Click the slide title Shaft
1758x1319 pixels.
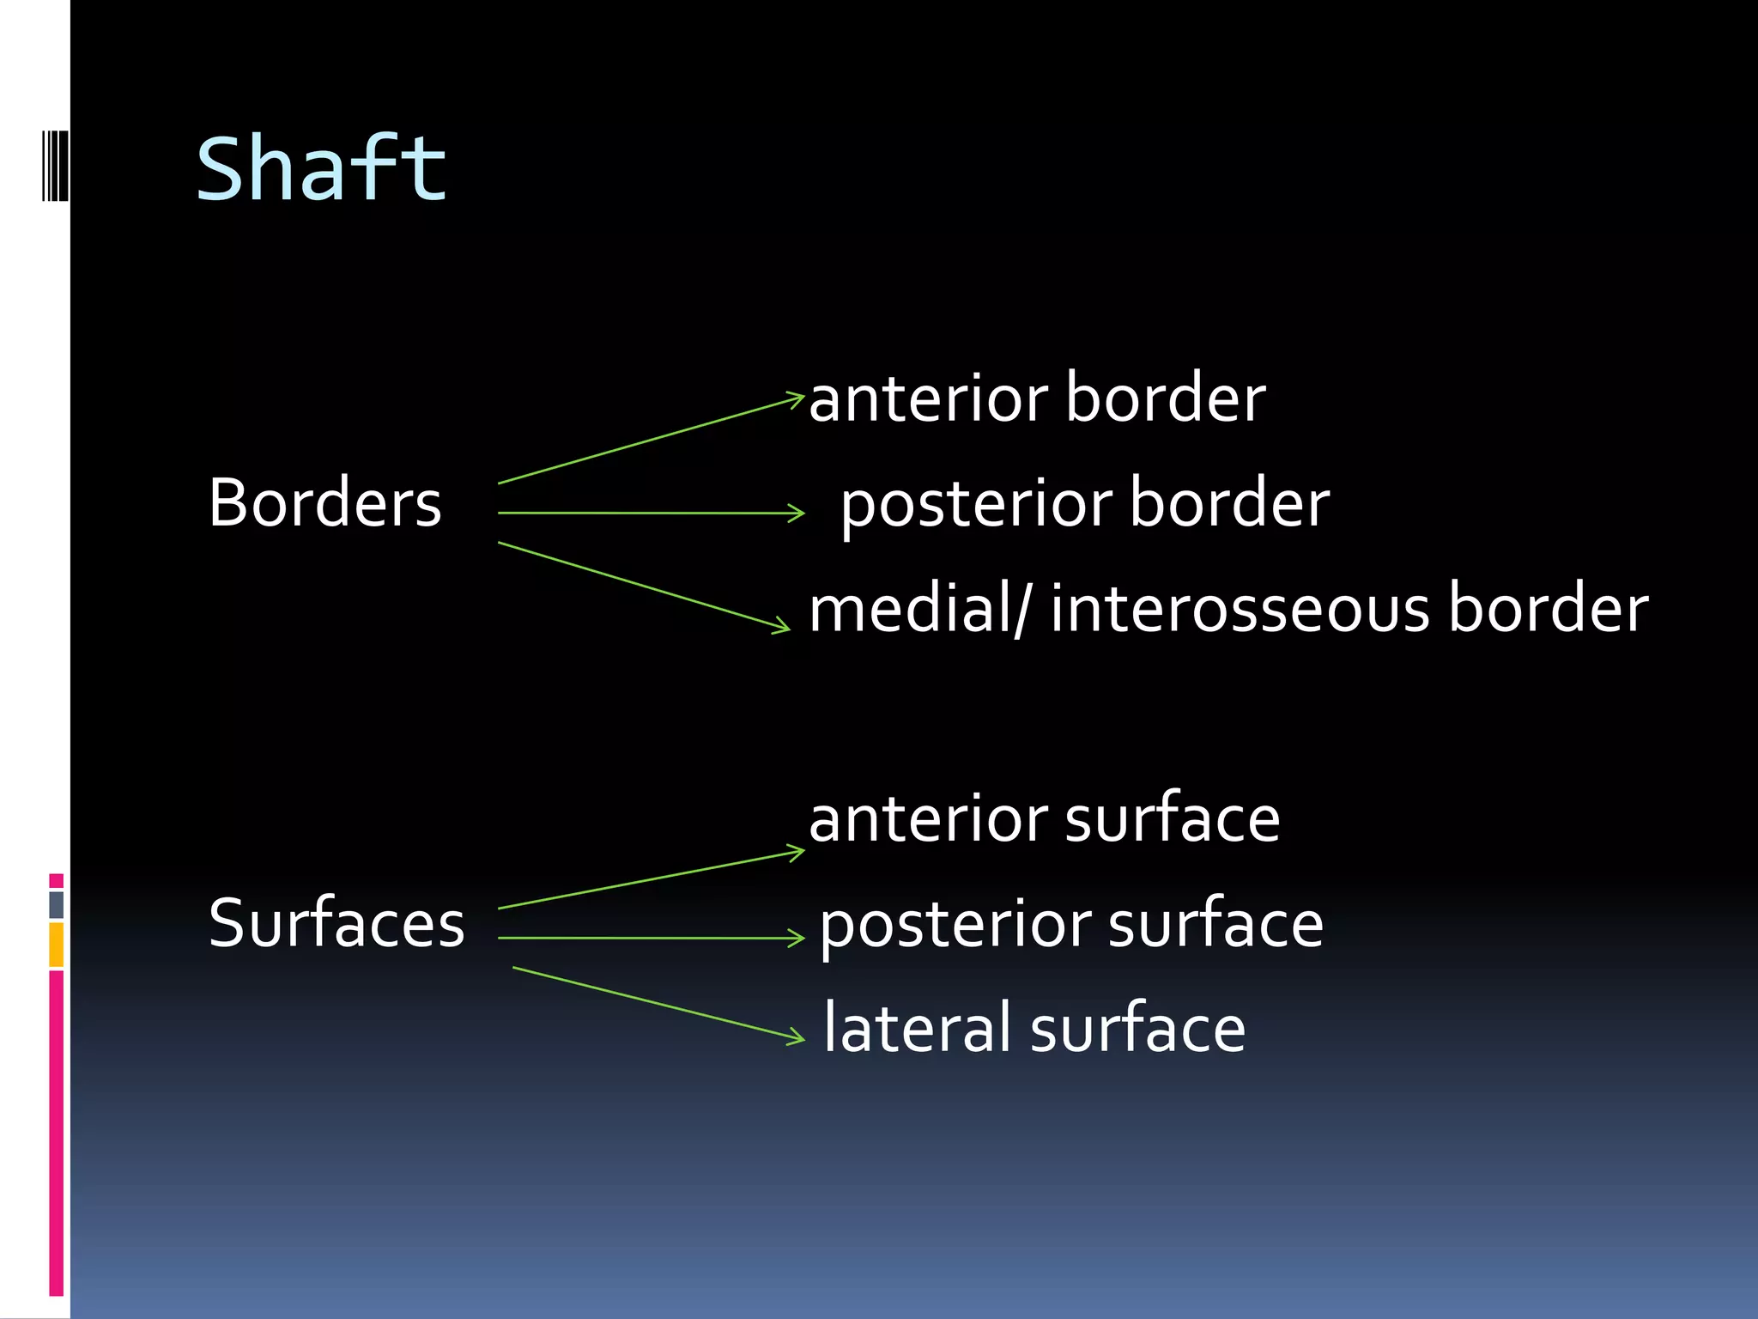coord(321,169)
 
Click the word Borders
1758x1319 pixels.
coord(324,503)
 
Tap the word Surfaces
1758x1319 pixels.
coord(336,924)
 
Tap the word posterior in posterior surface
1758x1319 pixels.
coord(955,926)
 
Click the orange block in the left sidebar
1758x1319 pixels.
coord(56,945)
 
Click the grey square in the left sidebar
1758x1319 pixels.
coord(56,904)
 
